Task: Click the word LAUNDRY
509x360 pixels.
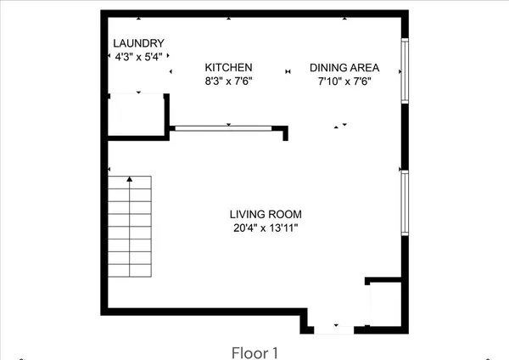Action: (x=138, y=43)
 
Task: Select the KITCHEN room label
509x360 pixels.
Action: (x=229, y=68)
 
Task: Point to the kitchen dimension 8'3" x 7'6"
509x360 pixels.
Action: (x=229, y=81)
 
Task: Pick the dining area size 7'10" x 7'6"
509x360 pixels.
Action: (x=344, y=81)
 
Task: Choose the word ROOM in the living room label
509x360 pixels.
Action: (x=286, y=215)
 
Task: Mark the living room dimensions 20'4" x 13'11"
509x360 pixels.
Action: (x=266, y=228)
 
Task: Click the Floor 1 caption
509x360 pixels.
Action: (x=255, y=351)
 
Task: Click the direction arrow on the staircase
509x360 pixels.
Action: (x=130, y=181)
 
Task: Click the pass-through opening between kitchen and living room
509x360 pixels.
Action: (x=228, y=128)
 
